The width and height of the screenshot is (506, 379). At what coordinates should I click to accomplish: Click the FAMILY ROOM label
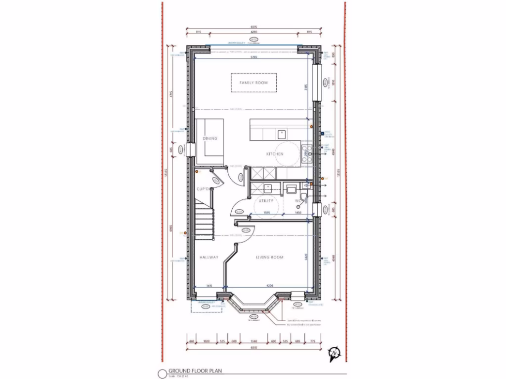tap(253, 83)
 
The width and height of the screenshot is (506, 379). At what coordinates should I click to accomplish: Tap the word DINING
tap(210, 139)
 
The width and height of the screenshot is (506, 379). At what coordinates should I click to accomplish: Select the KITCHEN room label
tap(275, 154)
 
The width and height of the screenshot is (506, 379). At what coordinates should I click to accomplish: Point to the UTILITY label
tap(266, 201)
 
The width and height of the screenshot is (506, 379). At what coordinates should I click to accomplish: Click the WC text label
tap(297, 201)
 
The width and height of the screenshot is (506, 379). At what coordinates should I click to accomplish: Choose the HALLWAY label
tap(209, 258)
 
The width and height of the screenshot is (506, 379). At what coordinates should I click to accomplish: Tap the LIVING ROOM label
tap(269, 258)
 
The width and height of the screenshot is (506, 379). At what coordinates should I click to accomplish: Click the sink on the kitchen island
tap(282, 133)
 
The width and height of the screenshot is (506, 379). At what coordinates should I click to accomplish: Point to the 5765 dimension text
tap(254, 58)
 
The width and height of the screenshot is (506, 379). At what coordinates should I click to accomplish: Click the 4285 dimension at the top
tap(254, 32)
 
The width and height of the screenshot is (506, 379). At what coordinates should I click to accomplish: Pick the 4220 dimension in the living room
tap(269, 285)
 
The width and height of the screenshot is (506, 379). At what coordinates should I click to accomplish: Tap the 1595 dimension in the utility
tap(266, 213)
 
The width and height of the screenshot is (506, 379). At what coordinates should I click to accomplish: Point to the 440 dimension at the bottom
tap(190, 341)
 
